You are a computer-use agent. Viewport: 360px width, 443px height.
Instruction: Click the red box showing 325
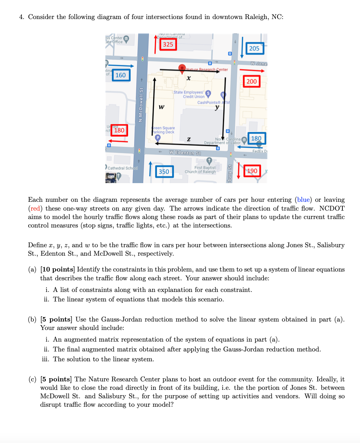[168, 44]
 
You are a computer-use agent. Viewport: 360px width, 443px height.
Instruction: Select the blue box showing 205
[254, 48]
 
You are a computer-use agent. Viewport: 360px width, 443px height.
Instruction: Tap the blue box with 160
[120, 75]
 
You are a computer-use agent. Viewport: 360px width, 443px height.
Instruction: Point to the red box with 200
[252, 81]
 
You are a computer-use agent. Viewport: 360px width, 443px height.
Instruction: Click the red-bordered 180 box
[119, 130]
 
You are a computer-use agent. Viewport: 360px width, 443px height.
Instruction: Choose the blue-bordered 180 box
[256, 138]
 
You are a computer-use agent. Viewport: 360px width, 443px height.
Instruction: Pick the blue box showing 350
[164, 171]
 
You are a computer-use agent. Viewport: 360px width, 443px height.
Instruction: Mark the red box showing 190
[252, 171]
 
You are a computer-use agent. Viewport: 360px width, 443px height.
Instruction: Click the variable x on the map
[189, 78]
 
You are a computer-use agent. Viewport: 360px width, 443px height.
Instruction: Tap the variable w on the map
[161, 106]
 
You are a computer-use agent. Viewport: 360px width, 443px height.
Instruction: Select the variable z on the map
[189, 139]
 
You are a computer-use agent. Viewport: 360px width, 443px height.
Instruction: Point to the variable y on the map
[217, 107]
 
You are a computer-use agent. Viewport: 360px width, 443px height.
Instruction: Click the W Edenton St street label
[185, 153]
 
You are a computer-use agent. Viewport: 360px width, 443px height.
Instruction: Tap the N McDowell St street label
[141, 105]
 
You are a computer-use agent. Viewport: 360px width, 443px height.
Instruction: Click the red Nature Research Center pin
[182, 68]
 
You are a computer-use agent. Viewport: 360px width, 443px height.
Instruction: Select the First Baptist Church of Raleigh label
[205, 170]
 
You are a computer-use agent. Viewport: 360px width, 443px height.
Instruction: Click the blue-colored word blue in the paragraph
[303, 200]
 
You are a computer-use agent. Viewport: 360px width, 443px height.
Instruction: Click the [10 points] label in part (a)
[57, 269]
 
